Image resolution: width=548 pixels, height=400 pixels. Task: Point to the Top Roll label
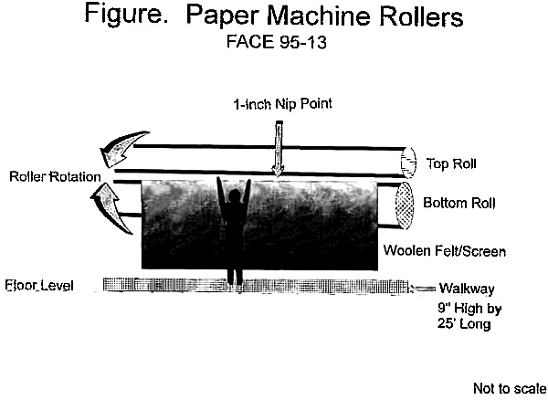coord(452,164)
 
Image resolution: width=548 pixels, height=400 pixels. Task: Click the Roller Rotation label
coord(51,176)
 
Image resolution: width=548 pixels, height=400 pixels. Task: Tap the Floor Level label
coord(38,286)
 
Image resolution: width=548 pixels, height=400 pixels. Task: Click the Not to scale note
coord(509,388)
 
